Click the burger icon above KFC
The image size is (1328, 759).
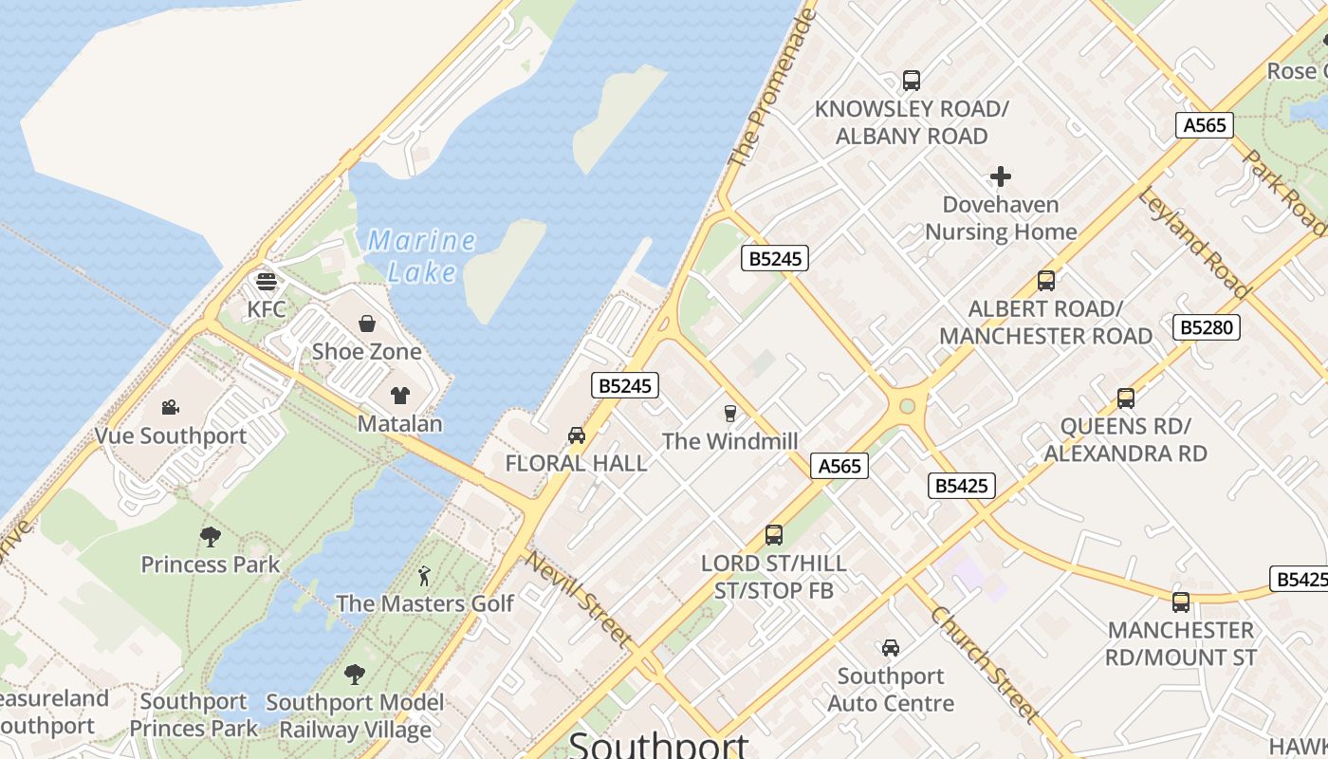click(267, 281)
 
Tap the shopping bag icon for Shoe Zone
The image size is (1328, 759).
click(367, 324)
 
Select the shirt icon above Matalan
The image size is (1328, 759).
click(399, 395)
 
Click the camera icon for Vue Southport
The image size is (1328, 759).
click(171, 408)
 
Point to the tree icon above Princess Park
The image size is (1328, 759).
click(211, 537)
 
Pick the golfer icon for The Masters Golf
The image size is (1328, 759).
click(424, 576)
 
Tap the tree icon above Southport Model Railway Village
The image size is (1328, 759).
click(355, 675)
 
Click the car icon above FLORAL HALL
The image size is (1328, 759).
click(576, 435)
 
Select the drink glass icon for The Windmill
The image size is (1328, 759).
click(729, 413)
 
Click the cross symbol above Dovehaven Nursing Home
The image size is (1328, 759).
click(1001, 176)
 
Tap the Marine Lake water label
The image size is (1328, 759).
click(422, 256)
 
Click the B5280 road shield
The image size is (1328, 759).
click(1207, 327)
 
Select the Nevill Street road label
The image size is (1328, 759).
click(578, 599)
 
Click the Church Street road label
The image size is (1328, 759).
click(985, 663)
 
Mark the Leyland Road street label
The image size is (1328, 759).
click(1194, 243)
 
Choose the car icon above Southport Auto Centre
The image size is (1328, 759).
click(891, 648)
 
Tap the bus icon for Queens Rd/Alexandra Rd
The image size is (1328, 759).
click(1126, 398)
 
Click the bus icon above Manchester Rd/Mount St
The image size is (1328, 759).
click(1181, 602)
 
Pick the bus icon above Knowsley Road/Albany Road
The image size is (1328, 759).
click(912, 81)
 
